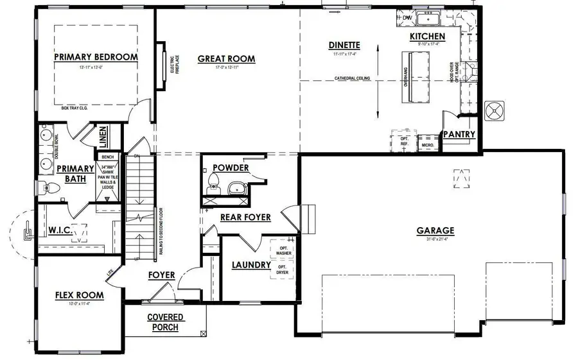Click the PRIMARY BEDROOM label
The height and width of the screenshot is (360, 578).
tap(96, 57)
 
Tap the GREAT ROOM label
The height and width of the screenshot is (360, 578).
tap(226, 59)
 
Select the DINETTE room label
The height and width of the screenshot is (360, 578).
tap(344, 45)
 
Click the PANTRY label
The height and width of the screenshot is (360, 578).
tap(459, 135)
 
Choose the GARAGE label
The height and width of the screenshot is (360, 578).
tap(435, 231)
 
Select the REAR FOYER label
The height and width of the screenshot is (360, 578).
tap(245, 218)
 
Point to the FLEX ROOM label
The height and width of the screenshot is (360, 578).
tap(79, 295)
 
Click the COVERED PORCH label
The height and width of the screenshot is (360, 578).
tap(166, 322)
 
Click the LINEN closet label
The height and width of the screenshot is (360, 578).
tap(103, 137)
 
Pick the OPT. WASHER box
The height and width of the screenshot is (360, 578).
tap(283, 250)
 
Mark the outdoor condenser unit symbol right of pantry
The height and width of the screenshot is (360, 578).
tap(496, 110)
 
